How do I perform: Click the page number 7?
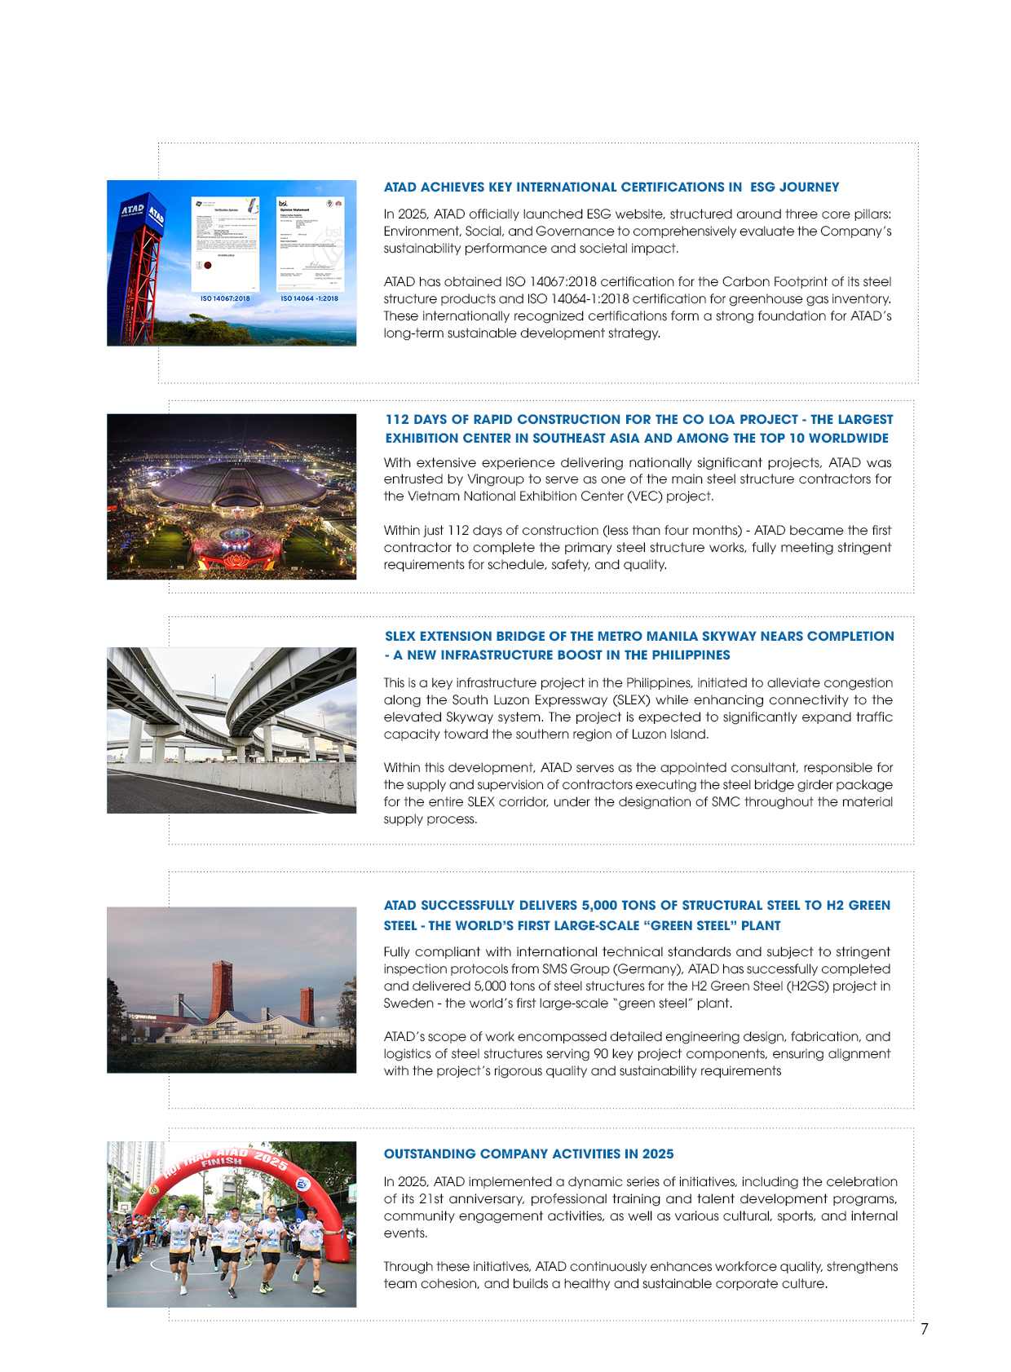point(924,1329)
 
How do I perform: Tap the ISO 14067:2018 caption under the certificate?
point(225,298)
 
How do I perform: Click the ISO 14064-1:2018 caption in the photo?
point(309,298)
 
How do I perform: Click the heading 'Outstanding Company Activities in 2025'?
point(528,1154)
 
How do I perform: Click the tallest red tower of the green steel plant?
point(222,988)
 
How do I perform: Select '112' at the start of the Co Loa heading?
point(397,419)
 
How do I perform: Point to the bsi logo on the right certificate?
point(283,204)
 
